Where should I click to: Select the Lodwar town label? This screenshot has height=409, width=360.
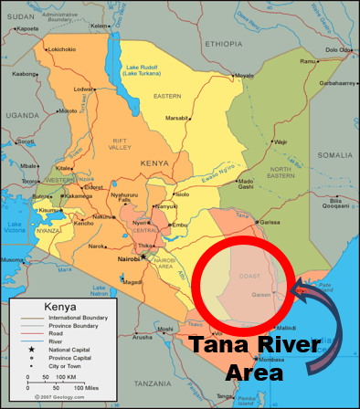tap(83, 89)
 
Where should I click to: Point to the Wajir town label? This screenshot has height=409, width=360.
tap(281, 142)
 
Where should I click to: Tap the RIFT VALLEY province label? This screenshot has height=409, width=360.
tap(120, 143)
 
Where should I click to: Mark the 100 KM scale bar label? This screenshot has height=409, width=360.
tap(67, 376)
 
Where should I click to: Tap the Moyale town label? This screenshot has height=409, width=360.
tap(243, 76)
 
